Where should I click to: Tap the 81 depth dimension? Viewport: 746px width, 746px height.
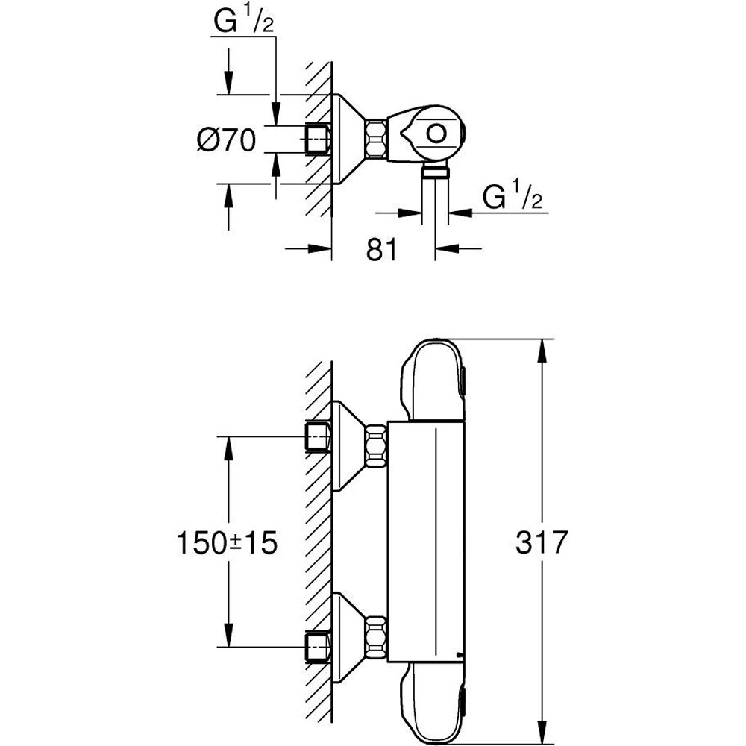pos(381,250)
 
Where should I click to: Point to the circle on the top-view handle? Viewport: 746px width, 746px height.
pos(435,134)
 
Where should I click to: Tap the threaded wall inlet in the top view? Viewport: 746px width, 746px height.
pos(319,139)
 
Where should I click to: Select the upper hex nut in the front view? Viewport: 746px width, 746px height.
pos(377,445)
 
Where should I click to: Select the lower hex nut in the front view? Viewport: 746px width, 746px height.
pos(377,636)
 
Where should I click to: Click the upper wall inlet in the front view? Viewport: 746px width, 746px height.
pos(319,436)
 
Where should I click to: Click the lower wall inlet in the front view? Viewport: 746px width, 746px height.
pos(319,645)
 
